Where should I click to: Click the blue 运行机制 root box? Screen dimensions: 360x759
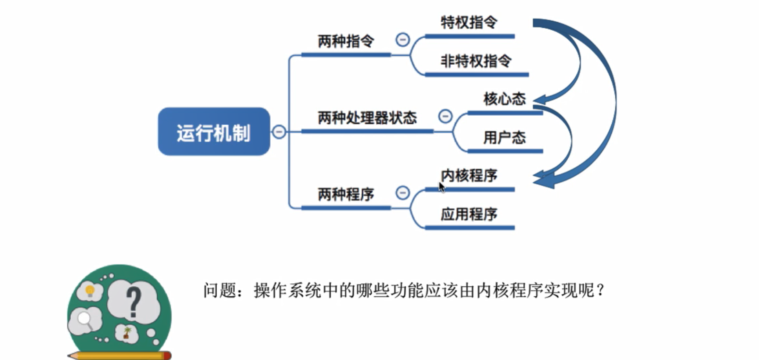pyautogui.click(x=213, y=132)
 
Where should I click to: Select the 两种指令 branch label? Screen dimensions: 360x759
pyautogui.click(x=346, y=42)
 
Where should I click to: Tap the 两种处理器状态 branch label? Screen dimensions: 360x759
pyautogui.click(x=367, y=118)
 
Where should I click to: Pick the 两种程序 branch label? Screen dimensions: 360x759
pyautogui.click(x=346, y=194)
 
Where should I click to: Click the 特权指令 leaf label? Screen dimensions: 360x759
pyautogui.click(x=469, y=22)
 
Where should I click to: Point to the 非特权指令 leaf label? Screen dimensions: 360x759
pyautogui.click(x=476, y=61)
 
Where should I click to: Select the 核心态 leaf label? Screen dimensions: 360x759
pyautogui.click(x=504, y=99)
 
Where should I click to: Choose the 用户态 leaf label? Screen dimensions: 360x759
pyautogui.click(x=504, y=137)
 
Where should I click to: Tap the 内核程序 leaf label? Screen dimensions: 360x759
pyautogui.click(x=469, y=175)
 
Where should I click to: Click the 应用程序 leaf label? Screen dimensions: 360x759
pyautogui.click(x=469, y=214)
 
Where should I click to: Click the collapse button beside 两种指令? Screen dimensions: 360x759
pyautogui.click(x=402, y=40)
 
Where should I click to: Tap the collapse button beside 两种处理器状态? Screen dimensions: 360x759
pyautogui.click(x=445, y=116)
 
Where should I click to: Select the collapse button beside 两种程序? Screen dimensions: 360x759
pyautogui.click(x=402, y=192)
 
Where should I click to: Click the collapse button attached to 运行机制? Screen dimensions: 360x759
pyautogui.click(x=279, y=132)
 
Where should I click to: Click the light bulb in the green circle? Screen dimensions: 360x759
pyautogui.click(x=90, y=290)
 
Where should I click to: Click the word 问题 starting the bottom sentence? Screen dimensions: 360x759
pyautogui.click(x=219, y=290)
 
